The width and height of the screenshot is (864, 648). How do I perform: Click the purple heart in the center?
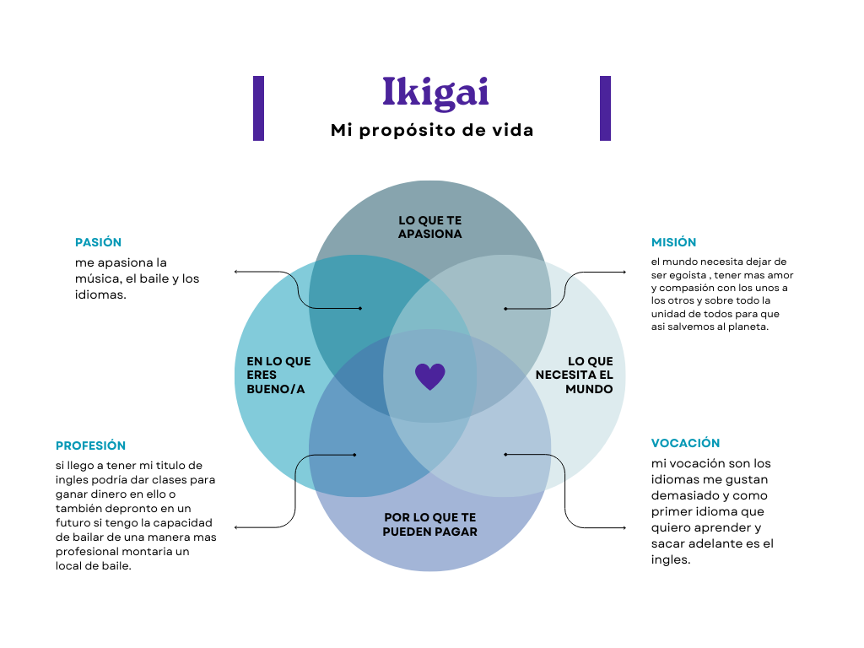[429, 376]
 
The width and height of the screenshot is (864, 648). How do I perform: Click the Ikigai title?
[435, 93]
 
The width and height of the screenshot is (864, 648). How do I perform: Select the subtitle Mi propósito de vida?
[431, 131]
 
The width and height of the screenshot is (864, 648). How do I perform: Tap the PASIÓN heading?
[98, 242]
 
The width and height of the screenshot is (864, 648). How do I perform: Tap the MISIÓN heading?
[673, 242]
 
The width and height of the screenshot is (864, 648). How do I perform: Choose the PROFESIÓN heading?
[90, 445]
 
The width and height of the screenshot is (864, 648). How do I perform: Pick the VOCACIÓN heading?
[685, 443]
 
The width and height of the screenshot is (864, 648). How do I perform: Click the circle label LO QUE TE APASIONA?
[429, 227]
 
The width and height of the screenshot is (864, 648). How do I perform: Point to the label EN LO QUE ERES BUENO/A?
[278, 375]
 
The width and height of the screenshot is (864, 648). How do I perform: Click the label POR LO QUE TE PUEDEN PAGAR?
[429, 524]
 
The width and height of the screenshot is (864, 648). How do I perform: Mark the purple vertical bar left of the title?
[258, 108]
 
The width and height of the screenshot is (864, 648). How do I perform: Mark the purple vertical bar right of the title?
[605, 108]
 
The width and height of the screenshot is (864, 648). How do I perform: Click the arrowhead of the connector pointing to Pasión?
[235, 272]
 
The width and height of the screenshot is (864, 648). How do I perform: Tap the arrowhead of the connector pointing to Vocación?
[624, 527]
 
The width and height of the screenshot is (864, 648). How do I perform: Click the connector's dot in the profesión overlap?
[355, 455]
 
